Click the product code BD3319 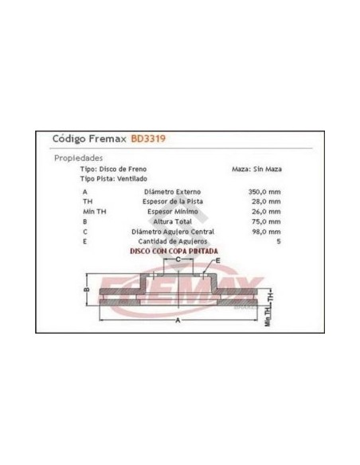[148, 139]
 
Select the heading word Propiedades [78, 158]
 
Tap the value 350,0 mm [264, 192]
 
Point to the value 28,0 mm [266, 201]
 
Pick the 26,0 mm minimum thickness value [266, 212]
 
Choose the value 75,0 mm [266, 221]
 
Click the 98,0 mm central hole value [266, 232]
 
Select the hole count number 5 [279, 241]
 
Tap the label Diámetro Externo [172, 192]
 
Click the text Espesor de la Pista [173, 201]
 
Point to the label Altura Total [172, 221]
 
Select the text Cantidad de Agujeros [173, 241]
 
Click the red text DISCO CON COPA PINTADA [174, 251]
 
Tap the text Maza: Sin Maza [256, 169]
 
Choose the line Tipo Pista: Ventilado [114, 179]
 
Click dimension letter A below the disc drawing [178, 320]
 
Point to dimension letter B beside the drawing [87, 289]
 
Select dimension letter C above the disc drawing [178, 260]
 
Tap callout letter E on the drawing [218, 260]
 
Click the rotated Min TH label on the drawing [268, 316]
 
